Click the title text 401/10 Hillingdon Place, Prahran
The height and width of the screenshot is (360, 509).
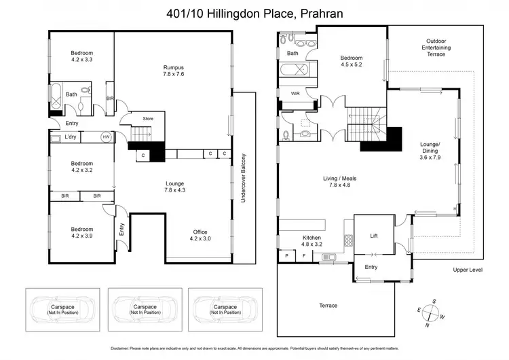point(254,13)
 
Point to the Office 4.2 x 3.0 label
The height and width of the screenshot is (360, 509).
point(201,235)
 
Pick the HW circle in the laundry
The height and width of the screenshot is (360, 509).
point(105,137)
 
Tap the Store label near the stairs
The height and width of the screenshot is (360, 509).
point(148,120)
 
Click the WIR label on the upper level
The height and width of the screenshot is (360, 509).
point(295,93)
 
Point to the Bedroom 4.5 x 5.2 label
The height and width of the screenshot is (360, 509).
point(353,62)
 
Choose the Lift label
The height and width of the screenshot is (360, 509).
point(373,236)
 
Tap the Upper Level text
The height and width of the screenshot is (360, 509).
point(466,270)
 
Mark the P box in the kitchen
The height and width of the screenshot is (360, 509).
point(287,256)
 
